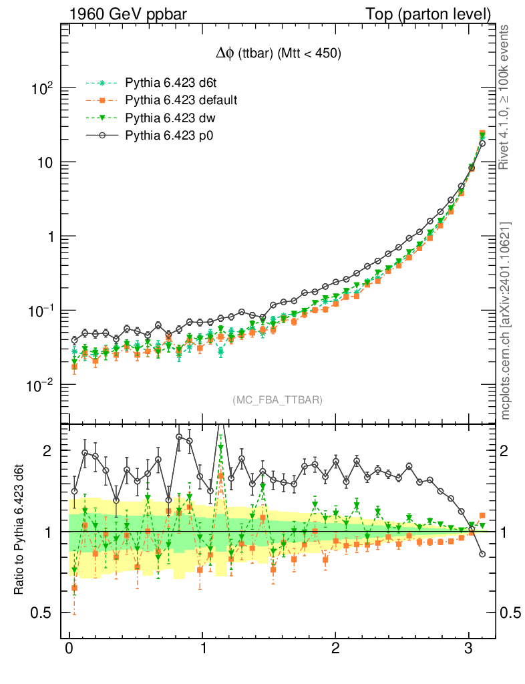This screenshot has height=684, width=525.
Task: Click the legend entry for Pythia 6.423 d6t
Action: [x=166, y=83]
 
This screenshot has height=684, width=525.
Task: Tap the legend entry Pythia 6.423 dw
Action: [x=167, y=118]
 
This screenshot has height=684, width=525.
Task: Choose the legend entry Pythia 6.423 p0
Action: [x=166, y=136]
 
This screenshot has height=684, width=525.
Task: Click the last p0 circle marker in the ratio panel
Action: [x=482, y=554]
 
